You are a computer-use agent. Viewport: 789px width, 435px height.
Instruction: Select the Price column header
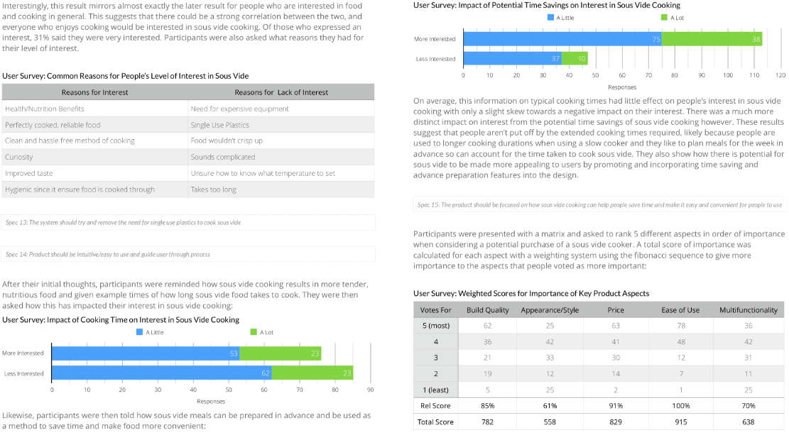(x=616, y=310)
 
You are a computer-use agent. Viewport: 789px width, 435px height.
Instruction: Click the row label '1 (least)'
(x=436, y=390)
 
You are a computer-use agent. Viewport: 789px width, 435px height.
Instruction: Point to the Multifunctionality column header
(x=748, y=310)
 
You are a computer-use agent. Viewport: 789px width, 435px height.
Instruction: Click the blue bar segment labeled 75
(x=562, y=39)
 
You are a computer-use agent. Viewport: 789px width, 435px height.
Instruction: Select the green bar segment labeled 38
(x=712, y=39)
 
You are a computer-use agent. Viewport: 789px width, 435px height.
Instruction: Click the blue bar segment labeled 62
(x=161, y=373)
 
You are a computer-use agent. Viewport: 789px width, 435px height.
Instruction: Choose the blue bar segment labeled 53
(x=146, y=353)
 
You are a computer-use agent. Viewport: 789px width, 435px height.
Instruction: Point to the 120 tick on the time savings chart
(x=781, y=74)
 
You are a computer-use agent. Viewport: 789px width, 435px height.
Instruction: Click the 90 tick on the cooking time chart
(x=371, y=390)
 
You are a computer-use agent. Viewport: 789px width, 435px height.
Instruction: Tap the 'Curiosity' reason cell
(x=19, y=157)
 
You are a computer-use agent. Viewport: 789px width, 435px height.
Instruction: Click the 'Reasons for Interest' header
(x=94, y=92)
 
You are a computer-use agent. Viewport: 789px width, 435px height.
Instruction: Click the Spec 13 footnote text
(x=123, y=222)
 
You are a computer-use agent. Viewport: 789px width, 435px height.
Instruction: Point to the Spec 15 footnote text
(x=600, y=204)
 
